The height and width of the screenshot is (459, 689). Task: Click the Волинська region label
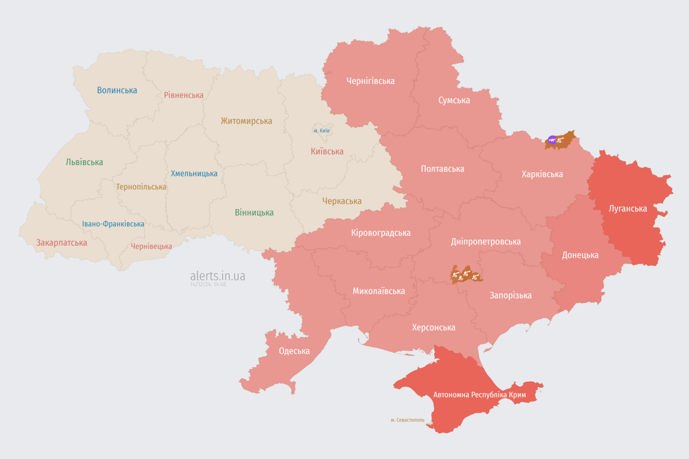(117, 90)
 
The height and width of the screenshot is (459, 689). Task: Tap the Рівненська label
(184, 95)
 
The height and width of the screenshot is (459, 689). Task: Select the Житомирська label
(246, 121)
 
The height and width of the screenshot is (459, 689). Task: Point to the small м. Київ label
(322, 130)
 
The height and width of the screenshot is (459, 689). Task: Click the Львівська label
(84, 162)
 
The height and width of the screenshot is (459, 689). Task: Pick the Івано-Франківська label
(113, 224)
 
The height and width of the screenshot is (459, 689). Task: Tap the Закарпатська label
(62, 243)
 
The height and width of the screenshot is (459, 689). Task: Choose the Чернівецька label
(151, 246)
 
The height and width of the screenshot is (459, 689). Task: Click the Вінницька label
(254, 212)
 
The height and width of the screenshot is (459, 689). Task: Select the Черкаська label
(342, 201)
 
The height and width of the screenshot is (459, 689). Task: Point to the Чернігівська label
(370, 81)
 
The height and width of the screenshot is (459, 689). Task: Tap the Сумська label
(454, 100)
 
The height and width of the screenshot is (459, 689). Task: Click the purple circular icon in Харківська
(552, 140)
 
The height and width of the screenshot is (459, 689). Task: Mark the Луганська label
(627, 209)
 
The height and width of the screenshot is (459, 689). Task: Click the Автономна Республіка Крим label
(480, 395)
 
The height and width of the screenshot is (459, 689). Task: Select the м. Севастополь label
(407, 420)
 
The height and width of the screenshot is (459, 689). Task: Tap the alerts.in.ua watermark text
(218, 276)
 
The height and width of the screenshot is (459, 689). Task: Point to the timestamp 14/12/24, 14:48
(208, 284)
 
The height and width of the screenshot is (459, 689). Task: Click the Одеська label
(294, 351)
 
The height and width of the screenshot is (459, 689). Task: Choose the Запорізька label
(510, 295)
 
